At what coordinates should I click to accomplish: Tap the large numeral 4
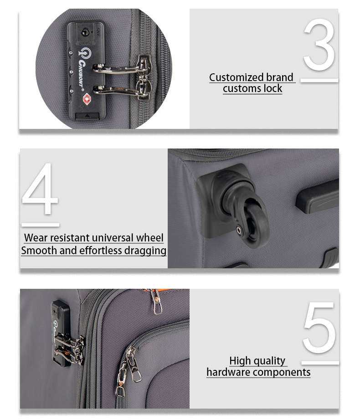coord(40,189)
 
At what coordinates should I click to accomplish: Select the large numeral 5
coord(319,328)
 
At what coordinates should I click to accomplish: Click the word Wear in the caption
coord(36,238)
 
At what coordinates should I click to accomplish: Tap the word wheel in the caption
coord(149,238)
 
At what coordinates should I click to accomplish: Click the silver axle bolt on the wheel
coord(239,230)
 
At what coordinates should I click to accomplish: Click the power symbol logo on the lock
coord(84,53)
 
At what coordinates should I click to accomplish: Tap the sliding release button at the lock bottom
coord(87,116)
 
